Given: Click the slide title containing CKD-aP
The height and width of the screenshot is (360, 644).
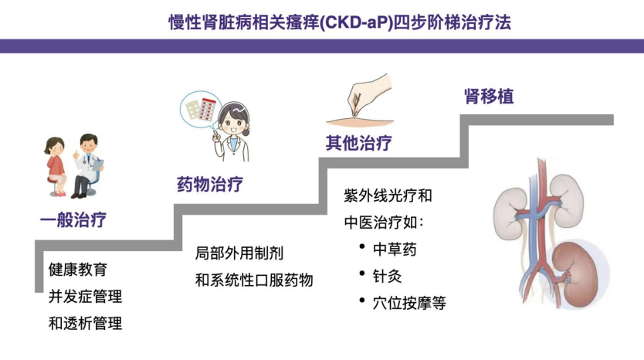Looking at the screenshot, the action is [340, 22].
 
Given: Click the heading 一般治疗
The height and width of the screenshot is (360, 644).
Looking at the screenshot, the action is [73, 220].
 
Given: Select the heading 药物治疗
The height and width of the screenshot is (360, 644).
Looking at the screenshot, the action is [210, 184].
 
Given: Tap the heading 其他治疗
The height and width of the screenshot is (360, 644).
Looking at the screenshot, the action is [358, 143].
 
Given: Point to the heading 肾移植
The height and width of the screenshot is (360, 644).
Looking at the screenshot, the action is [489, 97].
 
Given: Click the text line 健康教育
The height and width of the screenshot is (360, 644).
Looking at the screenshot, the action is [78, 270].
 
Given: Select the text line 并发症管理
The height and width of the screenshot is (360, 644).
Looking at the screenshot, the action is [86, 297].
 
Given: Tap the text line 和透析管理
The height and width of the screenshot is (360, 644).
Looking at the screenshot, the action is [86, 324].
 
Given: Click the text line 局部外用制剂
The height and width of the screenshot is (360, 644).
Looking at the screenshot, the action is [239, 253].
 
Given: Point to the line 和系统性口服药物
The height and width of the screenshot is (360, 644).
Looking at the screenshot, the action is [254, 280].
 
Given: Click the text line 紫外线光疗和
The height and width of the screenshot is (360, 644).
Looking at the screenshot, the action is [388, 195].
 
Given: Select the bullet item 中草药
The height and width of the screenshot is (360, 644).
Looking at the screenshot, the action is [395, 250].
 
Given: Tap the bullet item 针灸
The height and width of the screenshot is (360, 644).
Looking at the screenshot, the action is [388, 276].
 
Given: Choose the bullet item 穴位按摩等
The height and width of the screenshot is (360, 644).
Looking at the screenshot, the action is [409, 304].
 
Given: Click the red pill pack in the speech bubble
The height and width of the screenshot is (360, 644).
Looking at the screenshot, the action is [208, 110].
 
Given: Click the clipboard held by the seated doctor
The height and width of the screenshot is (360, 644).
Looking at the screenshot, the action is [98, 165].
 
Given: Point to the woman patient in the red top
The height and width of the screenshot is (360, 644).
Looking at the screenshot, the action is [56, 166].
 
